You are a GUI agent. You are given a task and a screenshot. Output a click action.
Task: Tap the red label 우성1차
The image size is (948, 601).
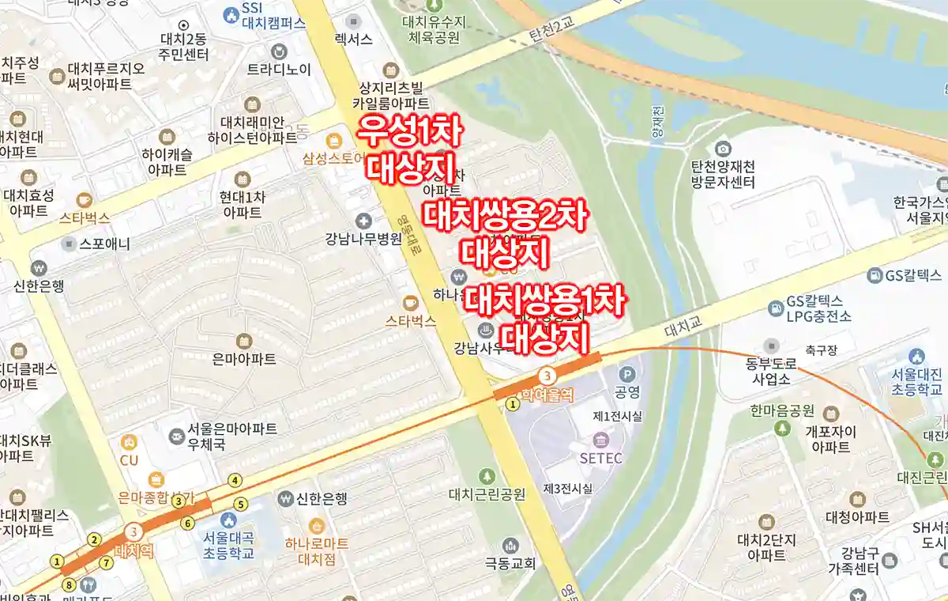point(409,131)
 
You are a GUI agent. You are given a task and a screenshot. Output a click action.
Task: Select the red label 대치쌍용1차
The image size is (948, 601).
point(545,301)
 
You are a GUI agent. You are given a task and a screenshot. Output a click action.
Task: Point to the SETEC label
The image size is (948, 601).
point(601,458)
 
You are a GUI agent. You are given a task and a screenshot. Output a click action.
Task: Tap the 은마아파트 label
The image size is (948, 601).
point(244,359)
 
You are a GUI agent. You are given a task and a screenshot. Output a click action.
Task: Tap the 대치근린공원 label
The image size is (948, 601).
point(487,495)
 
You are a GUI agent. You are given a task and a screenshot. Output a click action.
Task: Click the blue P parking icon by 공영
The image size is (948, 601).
point(627,374)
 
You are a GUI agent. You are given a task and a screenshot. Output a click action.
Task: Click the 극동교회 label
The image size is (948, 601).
point(510,564)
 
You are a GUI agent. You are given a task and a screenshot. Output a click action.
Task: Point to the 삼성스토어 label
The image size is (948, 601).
point(333,158)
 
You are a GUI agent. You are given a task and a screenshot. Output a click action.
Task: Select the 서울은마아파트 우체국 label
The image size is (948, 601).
point(232,437)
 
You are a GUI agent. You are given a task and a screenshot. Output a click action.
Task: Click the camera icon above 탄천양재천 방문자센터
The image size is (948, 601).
point(722,148)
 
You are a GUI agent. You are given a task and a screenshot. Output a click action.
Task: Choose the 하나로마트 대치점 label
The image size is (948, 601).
point(316,551)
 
